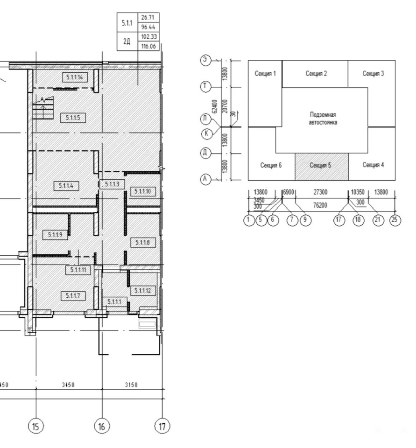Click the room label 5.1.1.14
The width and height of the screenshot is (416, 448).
pos(75,77)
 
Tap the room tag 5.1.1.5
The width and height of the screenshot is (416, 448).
pos(73,118)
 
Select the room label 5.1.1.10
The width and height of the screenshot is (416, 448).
pos(143,191)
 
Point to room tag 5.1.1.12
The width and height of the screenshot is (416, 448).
pos(143,291)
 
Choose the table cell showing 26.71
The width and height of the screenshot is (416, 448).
pos(148,17)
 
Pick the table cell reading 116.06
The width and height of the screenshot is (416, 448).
pos(148,46)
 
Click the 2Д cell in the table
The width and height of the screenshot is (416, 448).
pos(127,42)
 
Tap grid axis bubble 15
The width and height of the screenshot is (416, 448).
pos(36,427)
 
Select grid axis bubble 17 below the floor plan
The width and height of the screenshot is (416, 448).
pos(162,427)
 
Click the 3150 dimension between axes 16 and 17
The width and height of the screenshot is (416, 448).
pos(131,385)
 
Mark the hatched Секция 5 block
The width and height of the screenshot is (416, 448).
pos(322,167)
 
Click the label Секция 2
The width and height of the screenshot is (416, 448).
pos(316,73)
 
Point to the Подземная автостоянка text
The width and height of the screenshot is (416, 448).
pos(323,118)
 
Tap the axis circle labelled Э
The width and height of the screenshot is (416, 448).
pos(205,60)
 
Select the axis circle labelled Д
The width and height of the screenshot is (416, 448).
pos(205,153)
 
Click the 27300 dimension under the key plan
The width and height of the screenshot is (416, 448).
pos(320,192)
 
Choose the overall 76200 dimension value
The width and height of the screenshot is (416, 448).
pos(320,205)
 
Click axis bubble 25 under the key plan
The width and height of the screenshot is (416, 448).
pos(395,220)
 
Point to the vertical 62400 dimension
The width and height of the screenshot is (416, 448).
pos(216,106)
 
